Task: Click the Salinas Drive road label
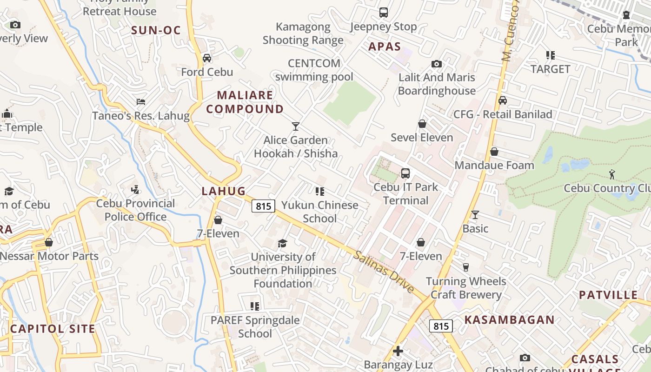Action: click(x=384, y=272)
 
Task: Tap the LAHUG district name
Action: click(x=224, y=191)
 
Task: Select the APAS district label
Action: click(x=385, y=46)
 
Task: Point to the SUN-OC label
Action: click(x=155, y=31)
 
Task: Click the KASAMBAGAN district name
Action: click(x=510, y=320)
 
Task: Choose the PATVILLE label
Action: click(x=608, y=295)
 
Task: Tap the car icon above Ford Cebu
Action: click(x=207, y=58)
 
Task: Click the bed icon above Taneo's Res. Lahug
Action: click(x=141, y=102)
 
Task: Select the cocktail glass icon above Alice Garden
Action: click(x=295, y=126)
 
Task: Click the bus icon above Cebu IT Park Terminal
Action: click(x=405, y=173)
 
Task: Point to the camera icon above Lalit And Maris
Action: click(x=436, y=64)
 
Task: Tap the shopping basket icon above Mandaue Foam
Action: click(x=494, y=152)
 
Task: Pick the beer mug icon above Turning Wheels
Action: click(x=465, y=267)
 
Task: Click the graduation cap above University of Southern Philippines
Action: click(x=282, y=243)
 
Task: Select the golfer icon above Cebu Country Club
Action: click(x=612, y=174)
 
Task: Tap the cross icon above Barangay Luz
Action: click(x=398, y=351)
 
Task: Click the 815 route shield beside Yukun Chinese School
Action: click(x=264, y=206)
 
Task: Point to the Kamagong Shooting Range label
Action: click(x=303, y=33)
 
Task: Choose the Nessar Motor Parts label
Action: click(x=49, y=256)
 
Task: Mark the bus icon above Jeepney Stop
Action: click(x=383, y=13)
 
